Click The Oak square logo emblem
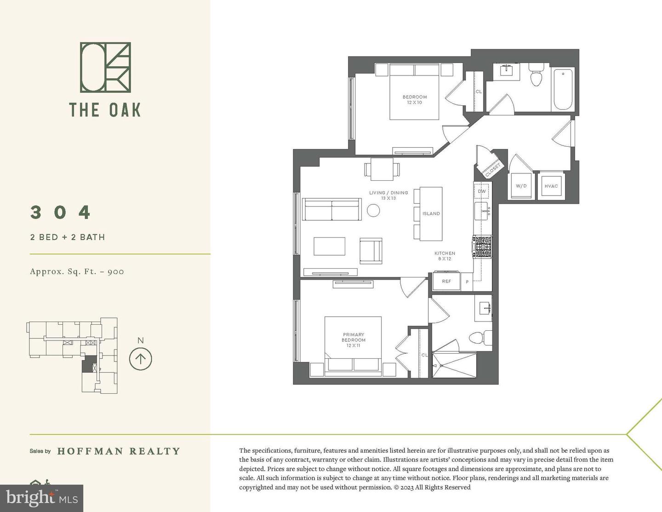coord(105,67)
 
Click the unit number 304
coord(60,213)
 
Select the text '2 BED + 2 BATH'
coord(68,237)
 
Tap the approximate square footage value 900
coord(116,271)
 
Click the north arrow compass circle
coord(140,358)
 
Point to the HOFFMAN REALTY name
coord(119,451)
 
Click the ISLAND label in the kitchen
coord(431,213)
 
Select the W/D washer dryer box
coord(521,186)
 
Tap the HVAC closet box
coord(551,186)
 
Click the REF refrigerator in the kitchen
coord(446,281)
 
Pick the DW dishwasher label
coord(482,191)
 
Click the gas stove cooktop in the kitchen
coord(483,247)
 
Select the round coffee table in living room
coord(373,211)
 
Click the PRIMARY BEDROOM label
coord(353,340)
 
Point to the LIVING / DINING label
coord(388,193)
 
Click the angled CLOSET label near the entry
coord(493,169)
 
